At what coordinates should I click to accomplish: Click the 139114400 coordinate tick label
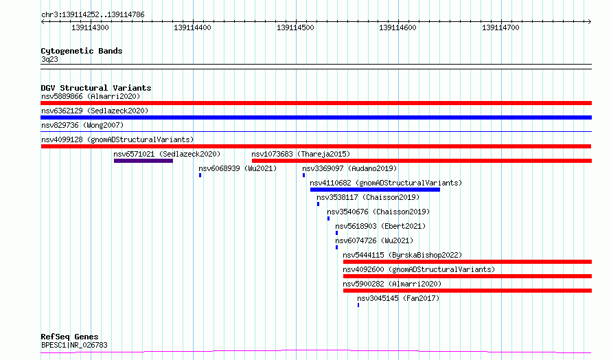click(x=192, y=27)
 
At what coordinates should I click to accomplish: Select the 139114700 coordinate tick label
click(x=500, y=27)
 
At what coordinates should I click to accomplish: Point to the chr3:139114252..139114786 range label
click(x=93, y=14)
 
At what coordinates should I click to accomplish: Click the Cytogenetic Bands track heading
click(x=82, y=51)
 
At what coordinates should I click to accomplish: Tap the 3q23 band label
click(x=49, y=59)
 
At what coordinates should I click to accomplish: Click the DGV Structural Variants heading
click(x=96, y=88)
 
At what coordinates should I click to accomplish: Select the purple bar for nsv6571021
click(x=143, y=161)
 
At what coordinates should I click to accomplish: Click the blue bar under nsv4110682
click(x=375, y=190)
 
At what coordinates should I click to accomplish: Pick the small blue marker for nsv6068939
click(x=200, y=175)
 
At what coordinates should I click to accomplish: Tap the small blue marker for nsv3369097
click(x=304, y=175)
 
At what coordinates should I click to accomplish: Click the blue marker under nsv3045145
click(x=358, y=305)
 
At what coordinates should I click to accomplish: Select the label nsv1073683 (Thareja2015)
click(x=301, y=154)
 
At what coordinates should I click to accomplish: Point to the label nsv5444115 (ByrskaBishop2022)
click(x=402, y=255)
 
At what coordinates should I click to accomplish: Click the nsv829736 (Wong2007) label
click(x=82, y=125)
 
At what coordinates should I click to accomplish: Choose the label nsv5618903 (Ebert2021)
click(x=380, y=226)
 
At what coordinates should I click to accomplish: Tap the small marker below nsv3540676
click(x=328, y=218)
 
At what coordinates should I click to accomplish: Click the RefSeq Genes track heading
click(x=69, y=337)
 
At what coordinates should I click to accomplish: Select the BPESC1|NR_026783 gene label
click(x=74, y=345)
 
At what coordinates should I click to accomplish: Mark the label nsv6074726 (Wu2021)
click(x=374, y=240)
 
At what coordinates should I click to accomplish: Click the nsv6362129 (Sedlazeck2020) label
click(x=95, y=111)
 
